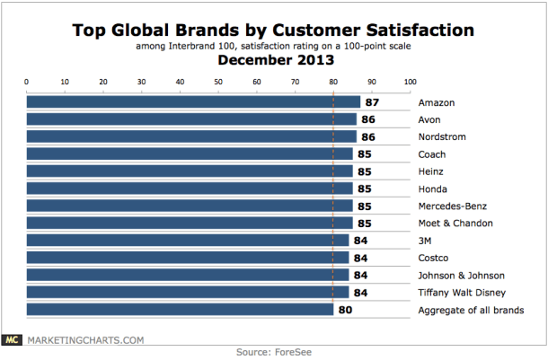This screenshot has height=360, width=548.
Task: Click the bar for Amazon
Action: [193, 102]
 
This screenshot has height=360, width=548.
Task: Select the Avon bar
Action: [191, 119]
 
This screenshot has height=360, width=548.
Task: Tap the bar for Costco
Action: [188, 258]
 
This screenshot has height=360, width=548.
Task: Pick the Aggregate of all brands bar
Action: [180, 310]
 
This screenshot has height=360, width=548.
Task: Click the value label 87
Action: [371, 102]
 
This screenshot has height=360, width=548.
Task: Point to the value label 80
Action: [345, 310]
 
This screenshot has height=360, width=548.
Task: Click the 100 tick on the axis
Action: [410, 82]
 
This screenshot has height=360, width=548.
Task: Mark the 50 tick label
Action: [218, 82]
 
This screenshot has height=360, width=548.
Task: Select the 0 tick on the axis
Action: [28, 82]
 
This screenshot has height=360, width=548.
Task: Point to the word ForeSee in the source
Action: [295, 352]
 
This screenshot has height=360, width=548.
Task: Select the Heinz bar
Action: [190, 171]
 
